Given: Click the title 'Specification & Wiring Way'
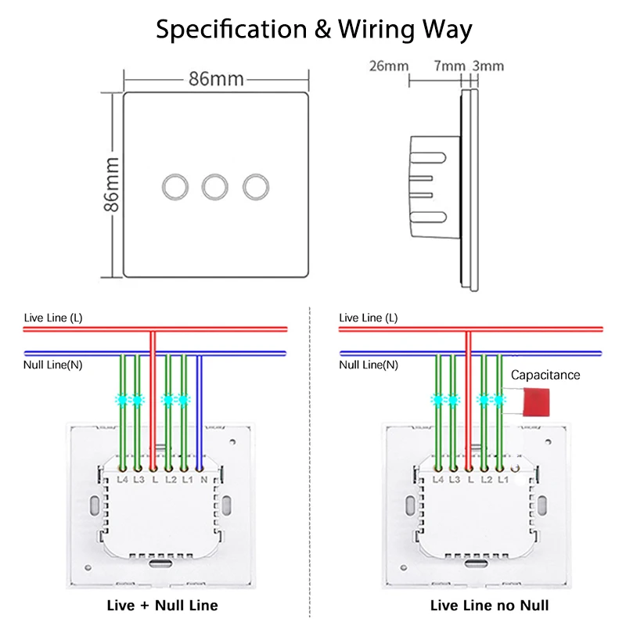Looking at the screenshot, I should (x=313, y=30).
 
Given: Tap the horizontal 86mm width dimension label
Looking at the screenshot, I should (x=216, y=79).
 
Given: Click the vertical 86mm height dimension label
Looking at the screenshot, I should (x=111, y=185).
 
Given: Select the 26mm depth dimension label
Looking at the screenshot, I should (x=388, y=66).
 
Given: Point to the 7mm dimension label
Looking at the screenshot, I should (x=448, y=66).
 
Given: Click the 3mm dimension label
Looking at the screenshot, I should (x=489, y=66).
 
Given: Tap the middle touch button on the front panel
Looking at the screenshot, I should (x=214, y=185).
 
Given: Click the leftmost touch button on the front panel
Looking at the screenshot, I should (x=172, y=185).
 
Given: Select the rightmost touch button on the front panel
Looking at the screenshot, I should (x=255, y=185).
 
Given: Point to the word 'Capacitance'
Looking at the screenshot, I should (x=545, y=375).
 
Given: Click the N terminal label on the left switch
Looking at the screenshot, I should (x=203, y=479).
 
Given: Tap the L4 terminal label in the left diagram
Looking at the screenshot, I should (x=122, y=479).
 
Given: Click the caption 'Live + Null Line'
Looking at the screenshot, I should (x=162, y=605).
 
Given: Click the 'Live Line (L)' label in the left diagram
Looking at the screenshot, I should (x=52, y=317).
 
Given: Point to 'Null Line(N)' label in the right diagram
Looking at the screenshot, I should (x=368, y=365).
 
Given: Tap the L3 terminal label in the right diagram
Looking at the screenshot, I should (x=453, y=479).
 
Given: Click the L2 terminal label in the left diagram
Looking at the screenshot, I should (x=170, y=479).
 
